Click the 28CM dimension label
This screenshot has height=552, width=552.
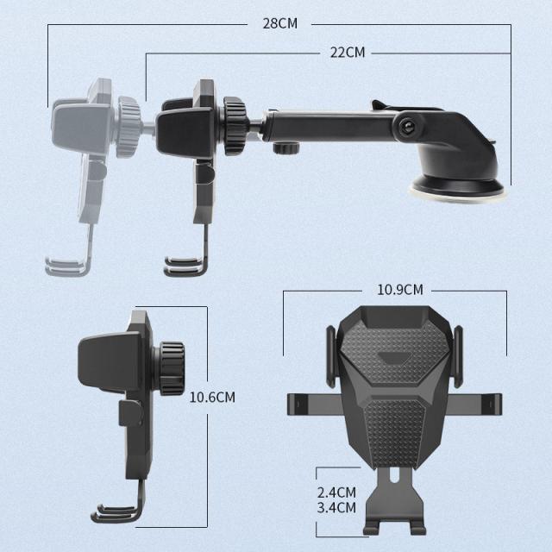click(x=279, y=23)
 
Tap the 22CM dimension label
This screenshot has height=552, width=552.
click(x=348, y=53)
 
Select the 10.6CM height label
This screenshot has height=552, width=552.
click(x=212, y=397)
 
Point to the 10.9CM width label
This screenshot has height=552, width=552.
click(x=400, y=290)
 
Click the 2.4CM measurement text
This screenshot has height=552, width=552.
click(x=336, y=492)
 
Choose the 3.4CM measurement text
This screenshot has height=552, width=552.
click(x=336, y=508)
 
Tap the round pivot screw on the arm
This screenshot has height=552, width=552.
click(x=408, y=125)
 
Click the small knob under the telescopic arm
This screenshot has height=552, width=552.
click(x=285, y=147)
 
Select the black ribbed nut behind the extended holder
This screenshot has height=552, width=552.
click(x=235, y=126)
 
